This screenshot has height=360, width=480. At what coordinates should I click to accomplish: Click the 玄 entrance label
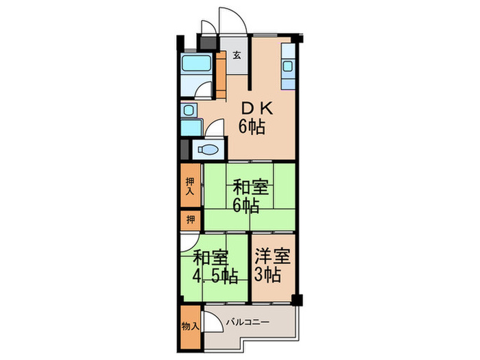point(237,55)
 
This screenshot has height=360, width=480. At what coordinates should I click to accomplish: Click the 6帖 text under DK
point(252,126)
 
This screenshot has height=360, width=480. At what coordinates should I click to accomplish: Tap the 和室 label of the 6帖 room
point(250,186)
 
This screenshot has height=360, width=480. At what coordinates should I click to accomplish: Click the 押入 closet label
point(191,187)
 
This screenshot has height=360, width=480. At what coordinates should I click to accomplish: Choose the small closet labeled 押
point(191,220)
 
